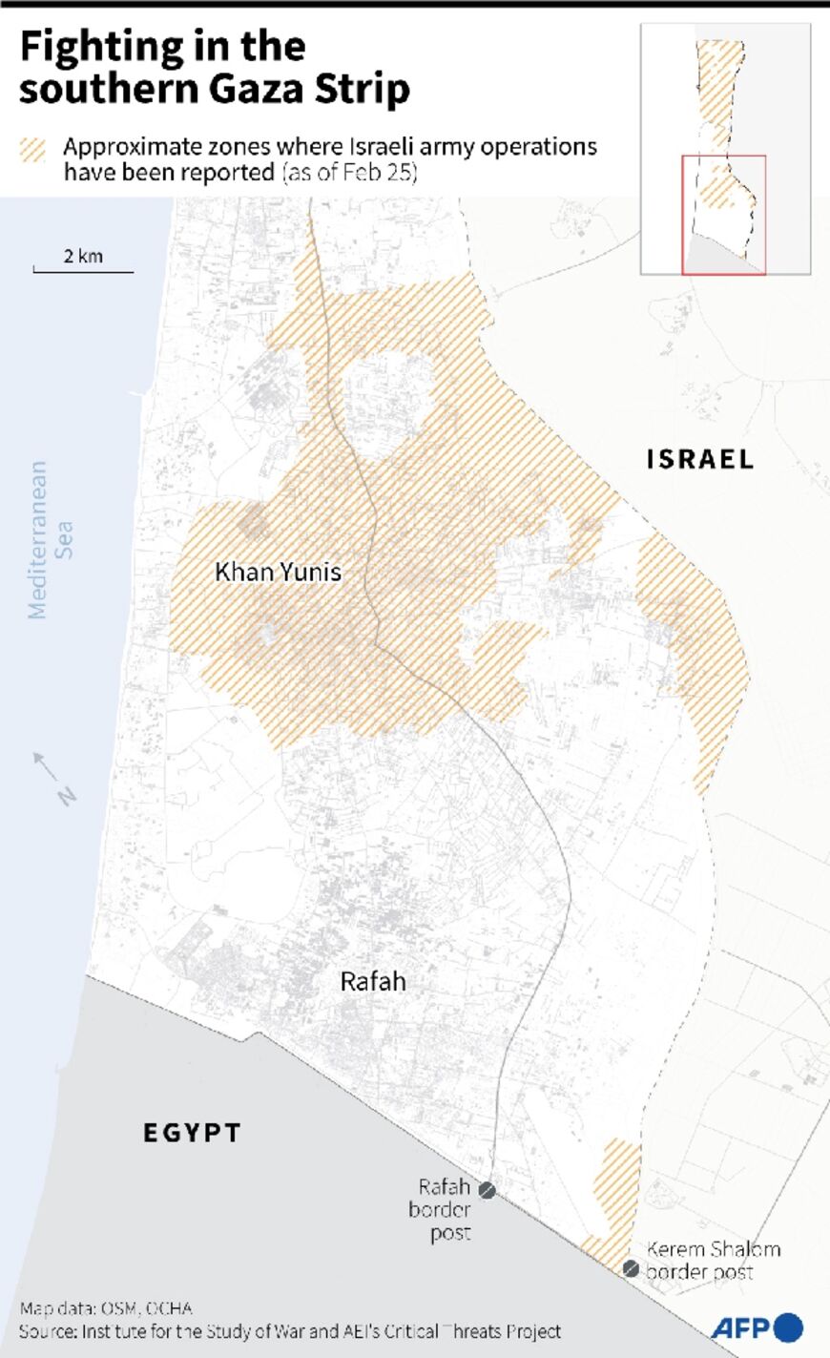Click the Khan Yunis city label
278,573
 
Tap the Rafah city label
372,982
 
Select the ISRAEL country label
700,459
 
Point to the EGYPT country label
192,1133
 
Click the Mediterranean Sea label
51,540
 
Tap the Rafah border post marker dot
487,1191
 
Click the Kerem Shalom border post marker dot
631,1268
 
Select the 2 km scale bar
83,270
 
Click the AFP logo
757,1327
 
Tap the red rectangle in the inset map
723,215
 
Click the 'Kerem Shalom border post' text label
713,1260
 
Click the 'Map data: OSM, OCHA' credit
105,1308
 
